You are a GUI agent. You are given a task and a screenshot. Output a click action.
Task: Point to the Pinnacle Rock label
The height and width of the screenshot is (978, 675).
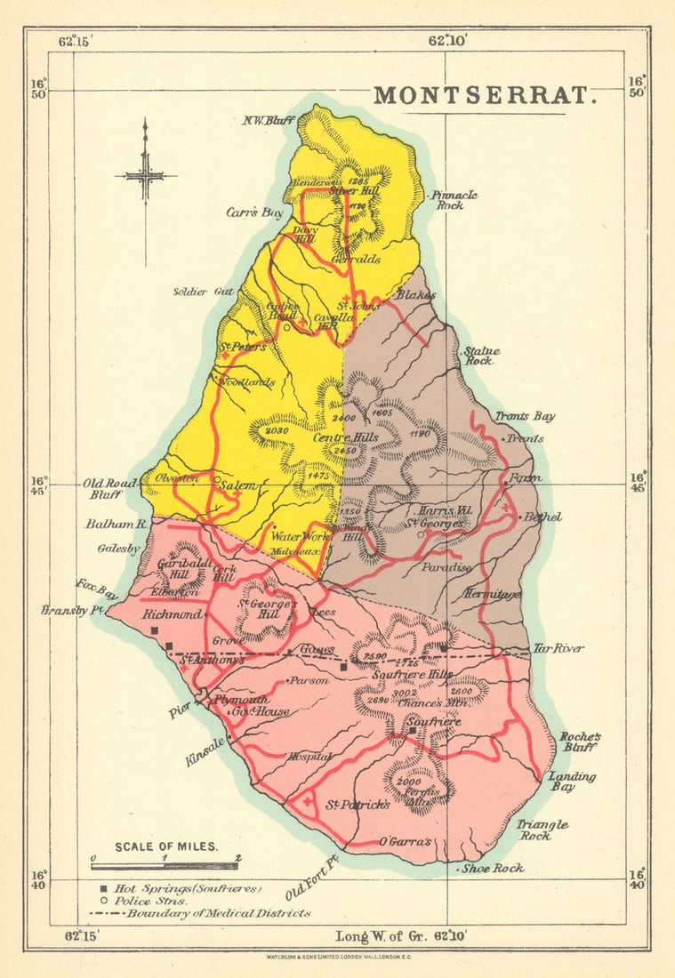pos(454,200)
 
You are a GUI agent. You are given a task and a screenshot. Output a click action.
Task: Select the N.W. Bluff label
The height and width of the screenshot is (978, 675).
pos(268,121)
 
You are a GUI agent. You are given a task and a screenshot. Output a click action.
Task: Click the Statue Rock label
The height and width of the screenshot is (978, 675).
pos(481,356)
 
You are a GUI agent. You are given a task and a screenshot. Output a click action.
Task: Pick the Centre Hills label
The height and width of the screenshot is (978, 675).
pos(345,437)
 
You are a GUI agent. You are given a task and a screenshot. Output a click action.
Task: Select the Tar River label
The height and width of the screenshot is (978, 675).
pos(558,649)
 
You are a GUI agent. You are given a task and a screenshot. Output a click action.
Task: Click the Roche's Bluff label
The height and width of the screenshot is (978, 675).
pos(580,742)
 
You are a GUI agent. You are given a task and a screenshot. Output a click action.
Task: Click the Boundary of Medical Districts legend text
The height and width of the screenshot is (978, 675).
pos(218,913)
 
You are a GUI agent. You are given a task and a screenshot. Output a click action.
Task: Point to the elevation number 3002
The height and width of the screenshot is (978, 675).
pos(405,693)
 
